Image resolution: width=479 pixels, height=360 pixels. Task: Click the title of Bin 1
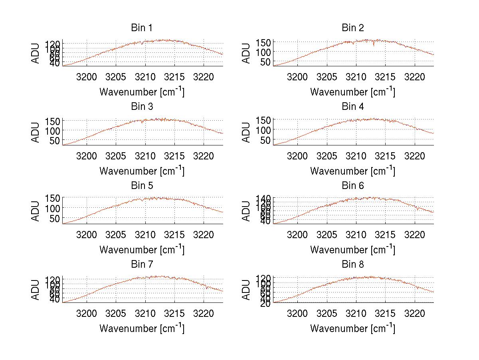[142, 28]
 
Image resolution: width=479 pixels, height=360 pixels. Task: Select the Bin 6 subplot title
[353, 186]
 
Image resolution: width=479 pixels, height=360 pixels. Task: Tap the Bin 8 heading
[353, 265]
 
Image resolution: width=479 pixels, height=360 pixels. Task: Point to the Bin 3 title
[142, 107]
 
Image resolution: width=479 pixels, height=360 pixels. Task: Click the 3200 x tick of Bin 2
[297, 77]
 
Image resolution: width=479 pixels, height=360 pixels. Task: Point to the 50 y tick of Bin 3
[54, 140]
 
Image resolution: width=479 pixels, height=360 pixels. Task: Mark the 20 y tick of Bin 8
[265, 303]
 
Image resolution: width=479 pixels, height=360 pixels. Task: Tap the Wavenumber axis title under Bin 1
[142, 92]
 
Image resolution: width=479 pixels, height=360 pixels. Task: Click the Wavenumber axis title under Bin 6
[353, 250]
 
